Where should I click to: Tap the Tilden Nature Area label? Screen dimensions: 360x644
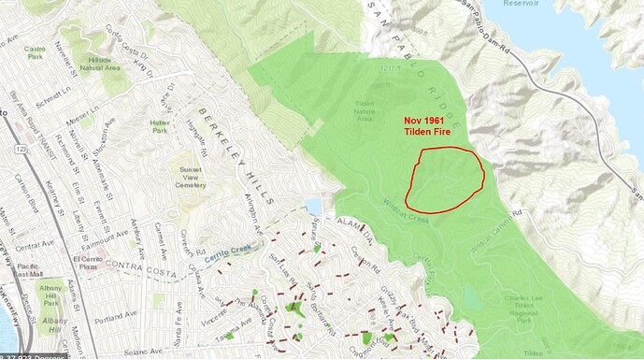point(368,108)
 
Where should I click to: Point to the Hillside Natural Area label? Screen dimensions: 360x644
point(107,65)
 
